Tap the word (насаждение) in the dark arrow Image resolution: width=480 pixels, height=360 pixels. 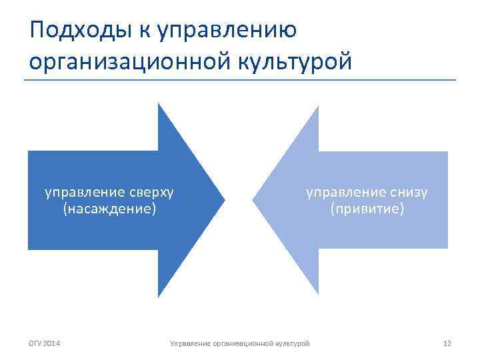coord(109,209)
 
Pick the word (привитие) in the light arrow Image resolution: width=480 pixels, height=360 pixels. coord(367,209)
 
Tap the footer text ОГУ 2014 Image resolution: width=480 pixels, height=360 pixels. coord(44,343)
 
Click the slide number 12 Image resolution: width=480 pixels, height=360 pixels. coord(447,343)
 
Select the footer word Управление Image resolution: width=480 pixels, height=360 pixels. coord(189,343)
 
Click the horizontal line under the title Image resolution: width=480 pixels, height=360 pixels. coord(240,81)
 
